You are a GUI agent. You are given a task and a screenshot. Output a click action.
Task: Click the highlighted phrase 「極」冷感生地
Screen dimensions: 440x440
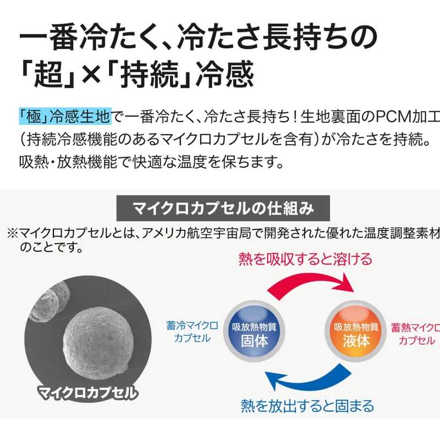pos(65,116)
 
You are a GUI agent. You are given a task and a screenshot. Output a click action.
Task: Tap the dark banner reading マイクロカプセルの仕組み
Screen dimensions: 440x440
pos(223,209)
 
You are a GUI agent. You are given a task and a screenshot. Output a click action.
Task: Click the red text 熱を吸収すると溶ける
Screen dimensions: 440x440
pos(305,258)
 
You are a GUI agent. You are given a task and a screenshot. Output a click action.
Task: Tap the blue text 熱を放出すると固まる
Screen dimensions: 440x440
pos(307,406)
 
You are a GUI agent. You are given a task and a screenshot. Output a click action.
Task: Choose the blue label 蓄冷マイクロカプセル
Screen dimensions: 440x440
pos(188,332)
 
